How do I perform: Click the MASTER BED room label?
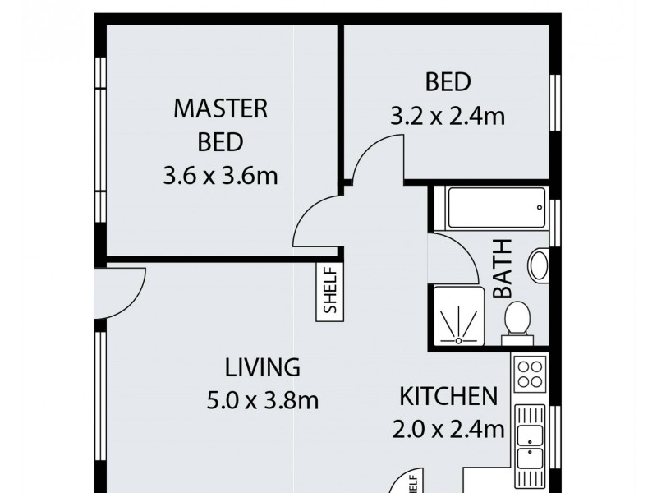click(220, 124)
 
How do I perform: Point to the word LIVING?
click(263, 366)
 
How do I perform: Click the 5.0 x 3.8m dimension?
click(263, 401)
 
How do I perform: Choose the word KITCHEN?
click(448, 396)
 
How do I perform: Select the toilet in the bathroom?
click(517, 320)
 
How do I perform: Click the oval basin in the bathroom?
click(540, 266)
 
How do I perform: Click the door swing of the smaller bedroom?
click(376, 158)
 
